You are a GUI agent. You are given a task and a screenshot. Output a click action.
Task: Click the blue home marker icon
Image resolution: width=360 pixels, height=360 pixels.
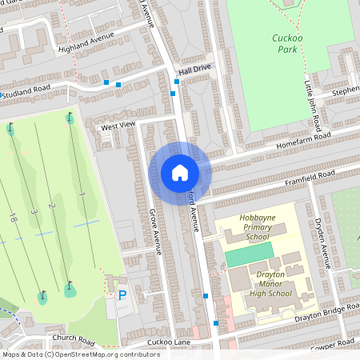point(180,173)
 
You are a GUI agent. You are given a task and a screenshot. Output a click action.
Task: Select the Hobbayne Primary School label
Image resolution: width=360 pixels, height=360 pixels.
point(258,227)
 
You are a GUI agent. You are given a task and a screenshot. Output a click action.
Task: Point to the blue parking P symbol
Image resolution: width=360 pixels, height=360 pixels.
point(122,295)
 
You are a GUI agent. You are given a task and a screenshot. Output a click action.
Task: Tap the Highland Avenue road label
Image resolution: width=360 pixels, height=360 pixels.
point(86,42)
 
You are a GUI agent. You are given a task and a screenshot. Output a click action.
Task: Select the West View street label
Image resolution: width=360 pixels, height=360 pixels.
point(118,126)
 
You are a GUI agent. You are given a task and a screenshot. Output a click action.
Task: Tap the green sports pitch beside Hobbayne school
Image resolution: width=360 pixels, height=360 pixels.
point(247,257)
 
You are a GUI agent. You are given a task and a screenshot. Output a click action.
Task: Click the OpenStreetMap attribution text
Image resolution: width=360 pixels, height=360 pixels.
point(81,354)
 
